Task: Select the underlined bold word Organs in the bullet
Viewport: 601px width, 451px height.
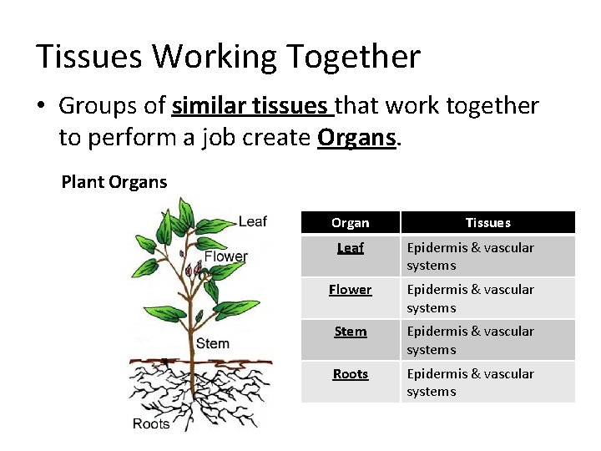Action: point(357,137)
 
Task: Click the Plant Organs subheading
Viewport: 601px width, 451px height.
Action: point(114,182)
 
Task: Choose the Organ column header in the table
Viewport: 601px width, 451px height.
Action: point(350,223)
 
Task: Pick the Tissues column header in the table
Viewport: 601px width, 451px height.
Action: point(487,223)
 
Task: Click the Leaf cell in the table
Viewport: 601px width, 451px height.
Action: point(350,248)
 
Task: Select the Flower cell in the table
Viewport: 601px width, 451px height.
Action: point(350,290)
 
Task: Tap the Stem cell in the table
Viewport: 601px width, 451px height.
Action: point(350,332)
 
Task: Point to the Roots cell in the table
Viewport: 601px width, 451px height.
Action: point(350,374)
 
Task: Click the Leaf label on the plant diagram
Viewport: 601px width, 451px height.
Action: point(253,221)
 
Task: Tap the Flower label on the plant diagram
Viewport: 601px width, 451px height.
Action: point(226,256)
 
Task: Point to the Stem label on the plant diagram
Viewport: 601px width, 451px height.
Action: point(213,343)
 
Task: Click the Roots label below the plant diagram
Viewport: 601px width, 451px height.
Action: point(151,424)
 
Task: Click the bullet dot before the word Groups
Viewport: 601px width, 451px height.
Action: point(43,107)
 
